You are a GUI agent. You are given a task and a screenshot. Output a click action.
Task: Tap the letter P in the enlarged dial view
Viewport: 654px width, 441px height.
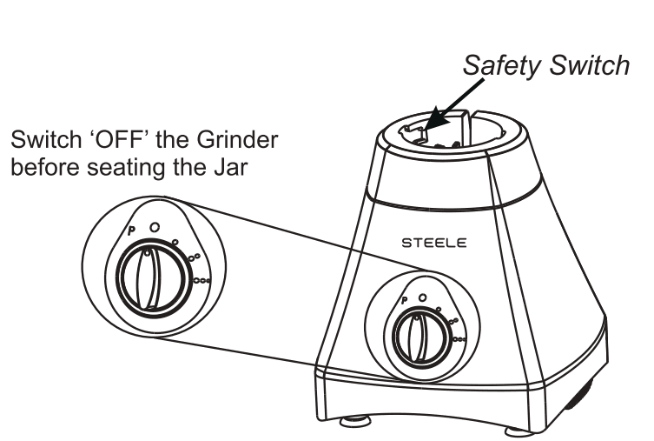coord(131,231)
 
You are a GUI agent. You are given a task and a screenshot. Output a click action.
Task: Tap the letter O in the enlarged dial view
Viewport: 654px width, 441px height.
coord(154,226)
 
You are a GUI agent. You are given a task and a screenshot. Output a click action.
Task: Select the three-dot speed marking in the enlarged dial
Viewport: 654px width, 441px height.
coord(203,280)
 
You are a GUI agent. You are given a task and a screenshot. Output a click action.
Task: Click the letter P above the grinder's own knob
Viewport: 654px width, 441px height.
coord(405,302)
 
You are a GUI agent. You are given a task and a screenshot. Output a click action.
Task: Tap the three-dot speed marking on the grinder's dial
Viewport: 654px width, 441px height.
coord(460,338)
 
